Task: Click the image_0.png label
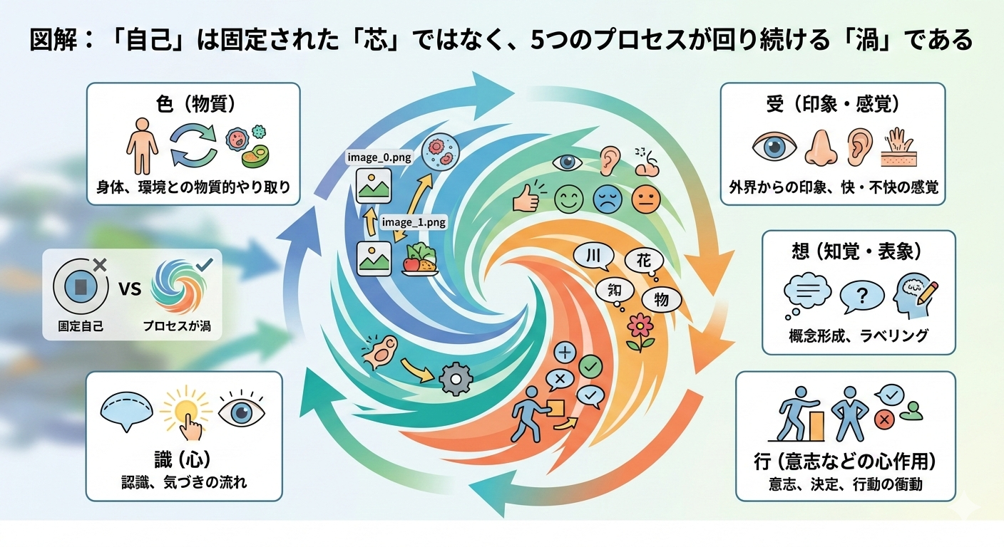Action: tap(379, 157)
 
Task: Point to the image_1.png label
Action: tap(414, 222)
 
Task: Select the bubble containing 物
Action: tap(661, 300)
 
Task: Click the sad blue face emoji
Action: tap(608, 199)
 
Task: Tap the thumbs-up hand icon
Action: tap(526, 199)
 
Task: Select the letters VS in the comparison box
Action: tap(130, 289)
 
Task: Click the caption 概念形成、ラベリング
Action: tap(859, 335)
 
